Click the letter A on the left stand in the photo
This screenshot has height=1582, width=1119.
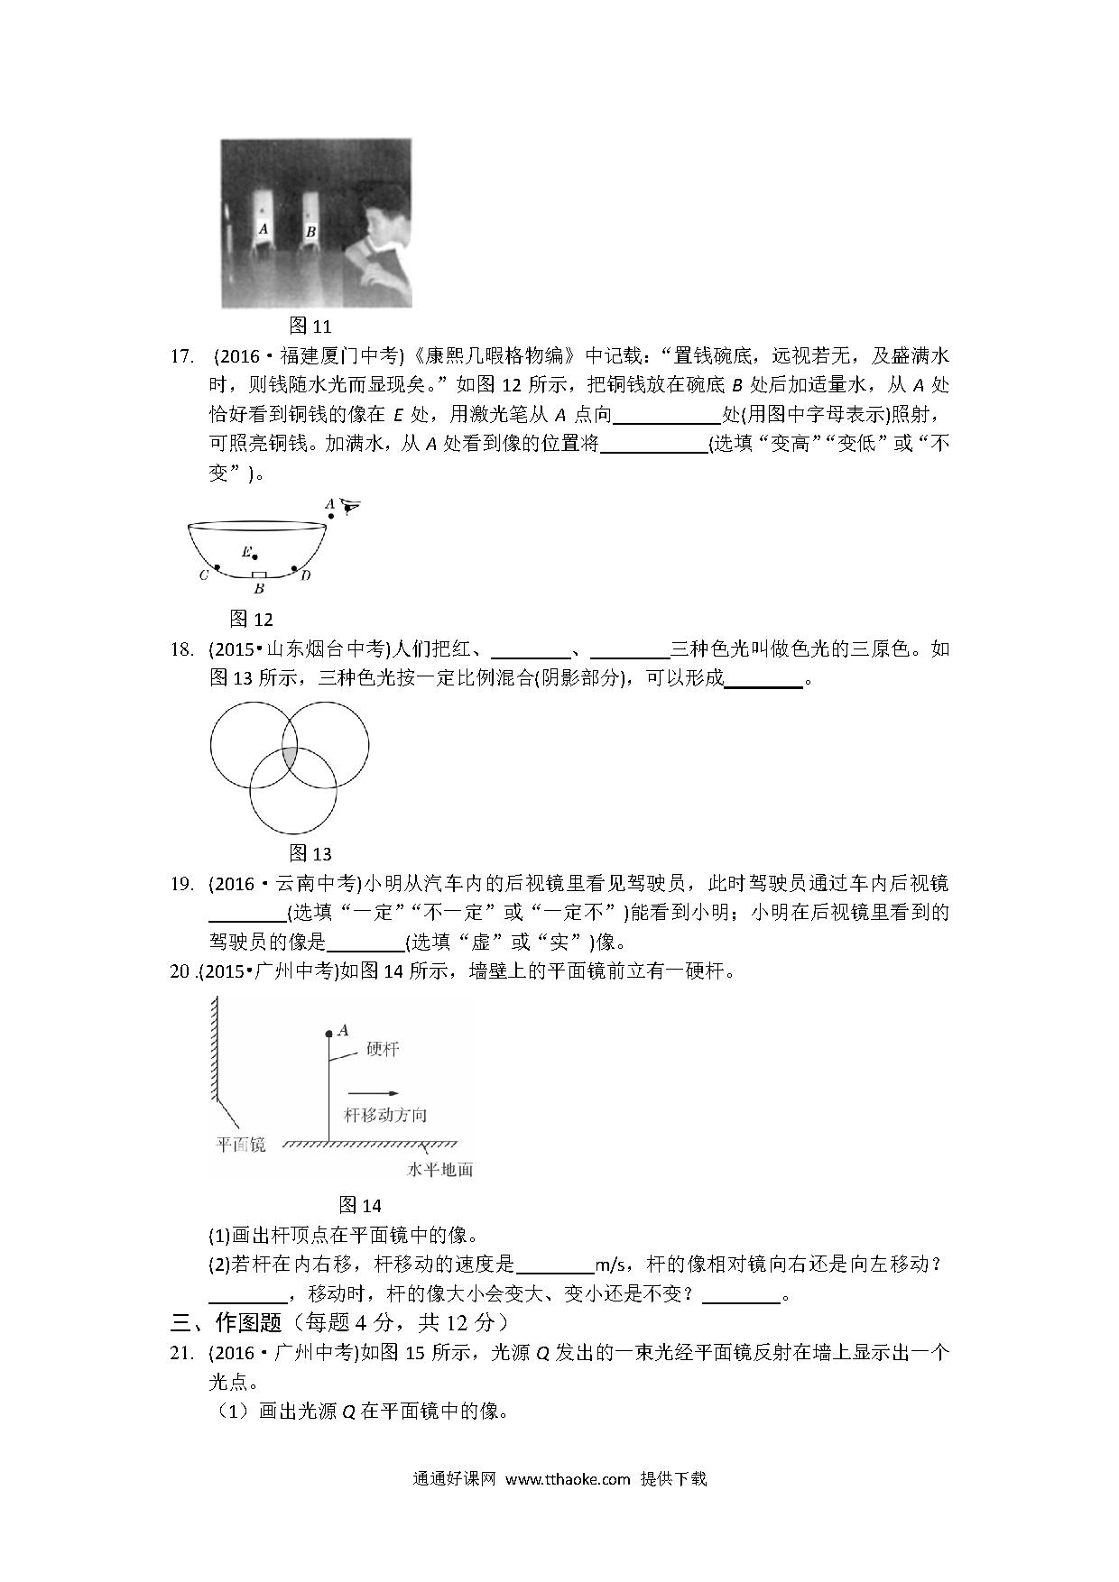(264, 229)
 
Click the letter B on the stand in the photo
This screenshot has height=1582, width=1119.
(310, 232)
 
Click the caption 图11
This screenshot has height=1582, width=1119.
(310, 326)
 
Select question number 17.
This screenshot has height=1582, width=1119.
(182, 356)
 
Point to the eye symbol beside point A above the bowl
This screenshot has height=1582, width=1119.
(349, 508)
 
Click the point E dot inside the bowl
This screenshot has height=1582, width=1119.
(255, 556)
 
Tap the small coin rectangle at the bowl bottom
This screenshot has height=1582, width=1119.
(259, 575)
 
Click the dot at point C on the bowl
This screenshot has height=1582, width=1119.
(217, 568)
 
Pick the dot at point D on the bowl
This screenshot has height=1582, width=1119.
(294, 568)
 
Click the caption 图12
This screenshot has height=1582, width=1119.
(251, 619)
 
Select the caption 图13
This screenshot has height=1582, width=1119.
(310, 853)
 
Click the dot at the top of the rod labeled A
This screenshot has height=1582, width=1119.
(328, 1034)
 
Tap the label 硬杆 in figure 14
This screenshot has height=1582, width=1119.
(383, 1049)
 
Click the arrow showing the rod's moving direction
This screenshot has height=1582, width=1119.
(373, 1092)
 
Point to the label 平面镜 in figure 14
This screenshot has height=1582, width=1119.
(240, 1145)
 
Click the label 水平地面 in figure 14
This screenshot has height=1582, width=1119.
(439, 1170)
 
